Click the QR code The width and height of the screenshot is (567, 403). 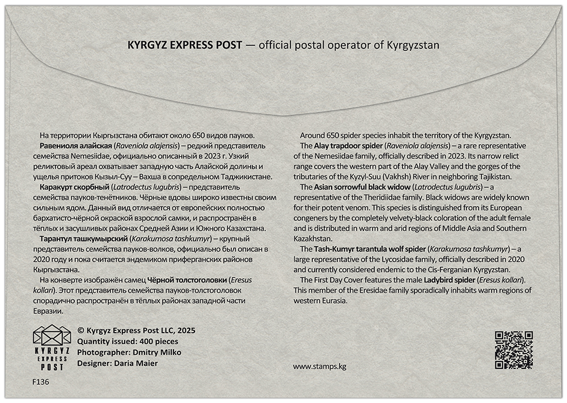(514, 350)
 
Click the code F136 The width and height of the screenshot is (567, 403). (41, 382)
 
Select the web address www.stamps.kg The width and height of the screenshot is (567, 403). (319, 366)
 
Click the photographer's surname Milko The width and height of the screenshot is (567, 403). (143, 352)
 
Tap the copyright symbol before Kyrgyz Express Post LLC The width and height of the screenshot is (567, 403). (81, 330)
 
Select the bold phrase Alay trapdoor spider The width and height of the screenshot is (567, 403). (349, 146)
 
